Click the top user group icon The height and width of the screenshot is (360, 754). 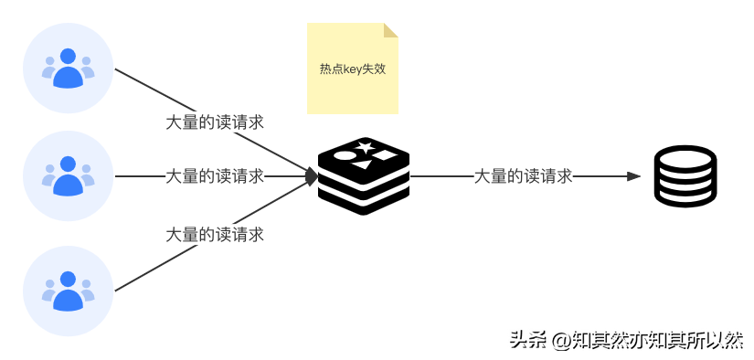click(69, 69)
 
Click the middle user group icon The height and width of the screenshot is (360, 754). click(69, 175)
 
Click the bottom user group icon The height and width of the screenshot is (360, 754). click(69, 291)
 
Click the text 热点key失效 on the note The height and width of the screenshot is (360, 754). click(352, 69)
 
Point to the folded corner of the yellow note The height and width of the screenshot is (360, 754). click(391, 30)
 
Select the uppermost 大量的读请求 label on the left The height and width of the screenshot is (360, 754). click(215, 122)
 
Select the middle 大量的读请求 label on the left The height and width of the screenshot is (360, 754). click(215, 176)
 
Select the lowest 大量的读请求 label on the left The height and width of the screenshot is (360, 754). click(215, 235)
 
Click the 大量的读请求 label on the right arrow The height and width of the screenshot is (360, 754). click(523, 176)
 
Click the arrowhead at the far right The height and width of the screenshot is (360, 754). click(634, 176)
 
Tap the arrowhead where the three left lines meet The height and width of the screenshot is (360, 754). click(313, 176)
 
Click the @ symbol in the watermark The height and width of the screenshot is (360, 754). click(559, 339)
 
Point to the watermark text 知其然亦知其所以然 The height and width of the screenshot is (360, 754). click(657, 338)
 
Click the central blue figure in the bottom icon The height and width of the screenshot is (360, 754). click(69, 291)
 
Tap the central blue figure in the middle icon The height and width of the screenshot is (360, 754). click(69, 177)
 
